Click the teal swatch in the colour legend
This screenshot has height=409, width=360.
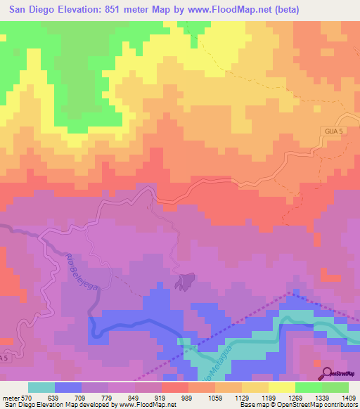pos(41,387)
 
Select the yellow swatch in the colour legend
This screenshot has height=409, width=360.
pos(281,387)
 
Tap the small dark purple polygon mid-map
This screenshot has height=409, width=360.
pos(185,282)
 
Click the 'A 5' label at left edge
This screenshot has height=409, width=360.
pos(5,358)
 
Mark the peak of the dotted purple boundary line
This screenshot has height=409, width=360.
pos(290,292)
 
